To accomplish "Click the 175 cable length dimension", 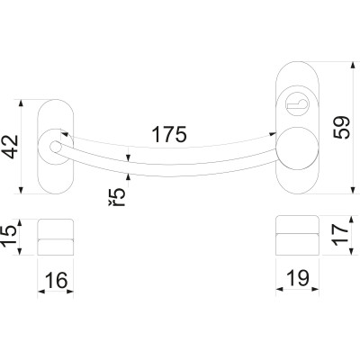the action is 169,134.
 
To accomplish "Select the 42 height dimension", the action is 11,147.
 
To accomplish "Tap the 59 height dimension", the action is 341,128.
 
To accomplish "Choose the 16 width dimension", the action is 56,281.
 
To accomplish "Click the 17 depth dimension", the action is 341,235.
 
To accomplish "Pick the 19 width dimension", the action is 298,278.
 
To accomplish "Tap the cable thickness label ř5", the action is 116,197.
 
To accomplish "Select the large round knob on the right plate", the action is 297,148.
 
